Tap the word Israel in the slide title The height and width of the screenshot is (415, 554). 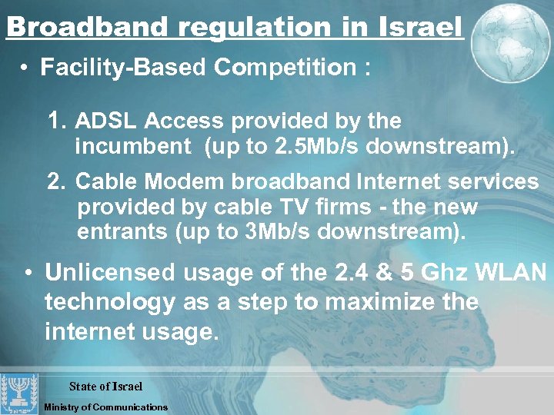pos(421,28)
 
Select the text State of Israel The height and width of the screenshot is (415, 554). pos(105,387)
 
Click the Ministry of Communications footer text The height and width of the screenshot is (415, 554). pos(106,407)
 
